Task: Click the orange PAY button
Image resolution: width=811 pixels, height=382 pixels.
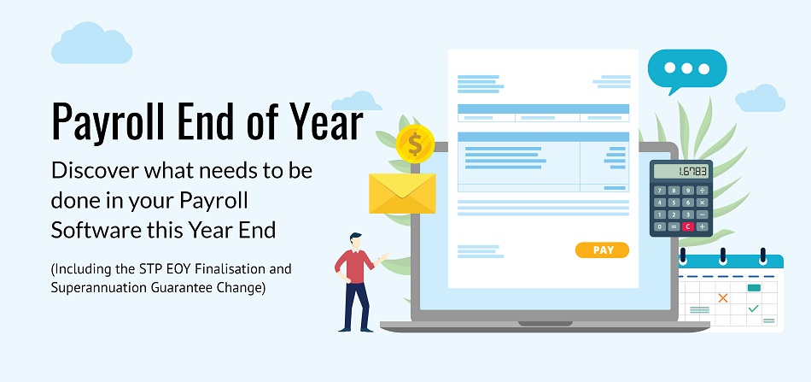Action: coord(602,250)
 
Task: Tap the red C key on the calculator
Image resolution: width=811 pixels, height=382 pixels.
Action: coord(687,226)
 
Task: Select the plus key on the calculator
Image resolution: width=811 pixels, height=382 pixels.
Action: coord(702,226)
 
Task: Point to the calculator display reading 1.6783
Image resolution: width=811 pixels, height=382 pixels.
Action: coord(680,171)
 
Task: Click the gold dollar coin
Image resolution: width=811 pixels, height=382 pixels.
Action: coord(415,144)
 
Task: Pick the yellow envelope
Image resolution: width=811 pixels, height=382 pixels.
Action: coord(402,193)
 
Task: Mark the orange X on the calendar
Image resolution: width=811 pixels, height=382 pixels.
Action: coord(723,297)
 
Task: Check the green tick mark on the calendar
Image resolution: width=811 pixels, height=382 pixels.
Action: coord(754,309)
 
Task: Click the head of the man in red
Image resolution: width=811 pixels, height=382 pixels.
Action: coord(355,241)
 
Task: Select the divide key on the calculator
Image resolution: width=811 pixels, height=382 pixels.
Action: coord(702,190)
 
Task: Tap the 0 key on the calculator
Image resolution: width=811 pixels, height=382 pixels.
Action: coord(660,226)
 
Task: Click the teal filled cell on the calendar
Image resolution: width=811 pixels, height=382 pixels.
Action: coord(754,288)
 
